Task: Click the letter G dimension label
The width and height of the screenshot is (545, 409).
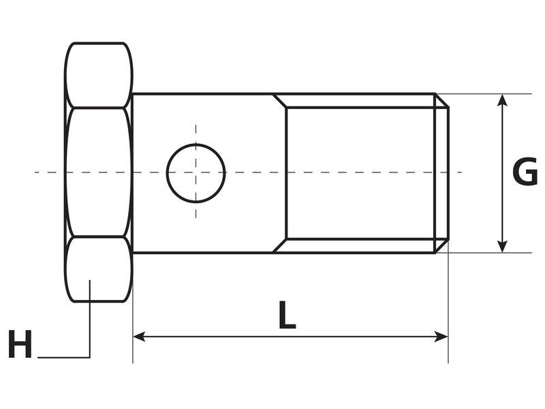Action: coord(525,172)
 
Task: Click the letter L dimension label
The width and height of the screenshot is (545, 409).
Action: coord(287,316)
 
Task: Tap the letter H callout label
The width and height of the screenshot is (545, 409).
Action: coord(20,345)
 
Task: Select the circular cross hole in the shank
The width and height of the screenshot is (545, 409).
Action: coord(196,173)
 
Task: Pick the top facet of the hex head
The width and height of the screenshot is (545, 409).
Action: coord(99,75)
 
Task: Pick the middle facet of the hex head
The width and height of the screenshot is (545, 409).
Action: coord(99,172)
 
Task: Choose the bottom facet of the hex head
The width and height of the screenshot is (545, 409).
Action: coord(99,269)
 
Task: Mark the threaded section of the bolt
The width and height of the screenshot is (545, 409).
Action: coord(361,173)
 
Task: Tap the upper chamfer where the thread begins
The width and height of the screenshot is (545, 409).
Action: coord(280,101)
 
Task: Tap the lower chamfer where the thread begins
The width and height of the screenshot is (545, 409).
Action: coord(280,245)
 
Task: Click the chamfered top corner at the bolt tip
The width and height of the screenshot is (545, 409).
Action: coord(442,101)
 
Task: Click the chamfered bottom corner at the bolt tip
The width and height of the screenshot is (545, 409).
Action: coord(442,245)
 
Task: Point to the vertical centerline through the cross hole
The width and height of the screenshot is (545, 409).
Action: coord(196,134)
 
